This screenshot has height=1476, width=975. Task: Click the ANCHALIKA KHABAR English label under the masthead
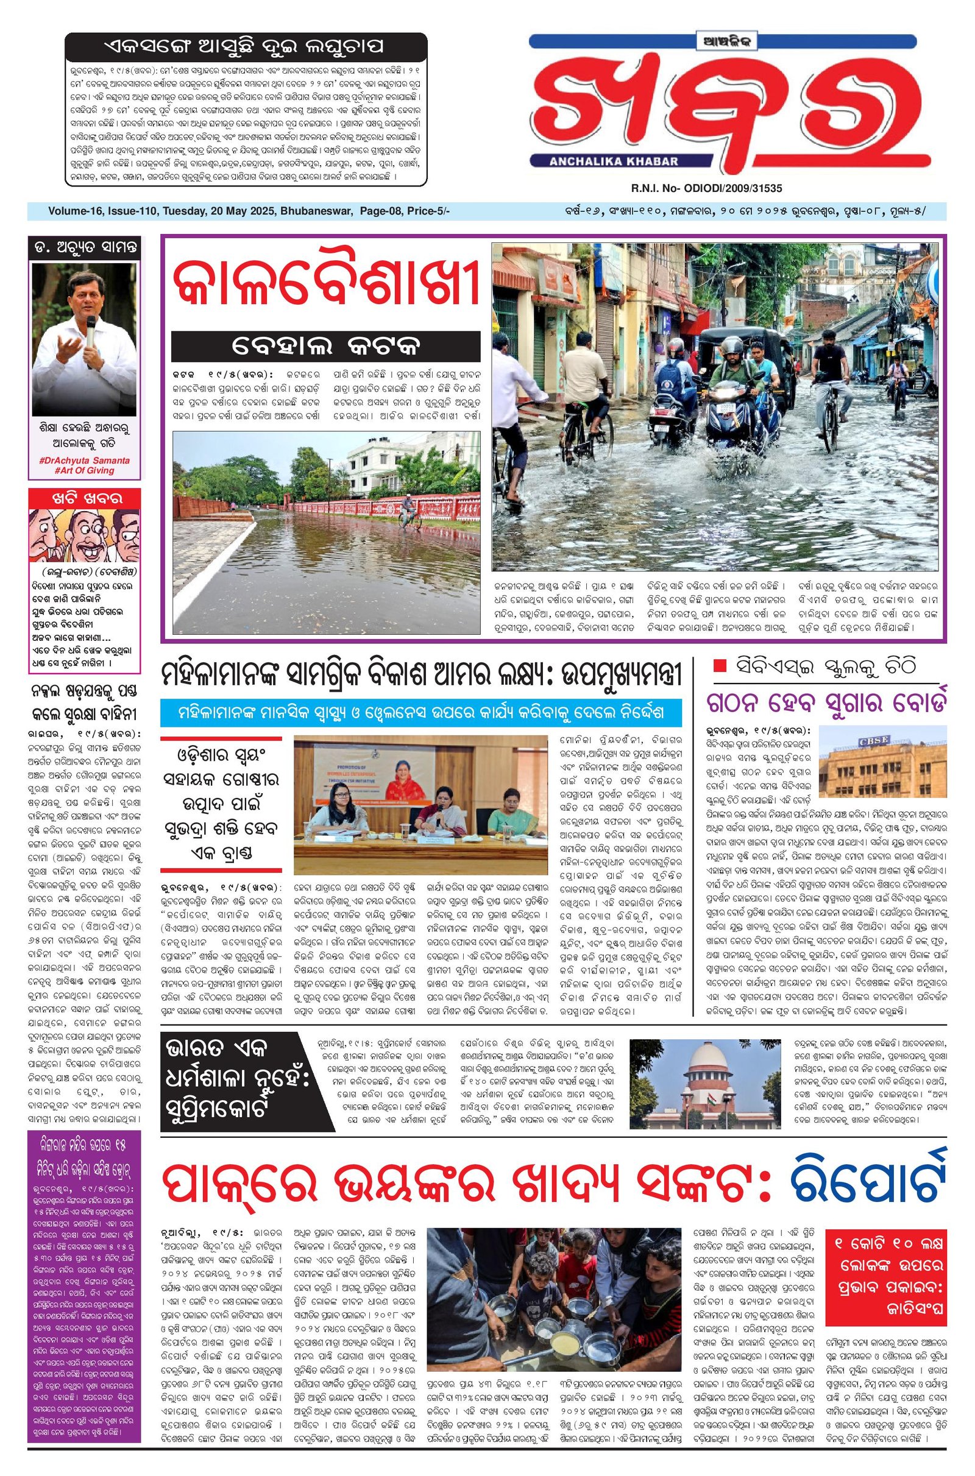point(613,161)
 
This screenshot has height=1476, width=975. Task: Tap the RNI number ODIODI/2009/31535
point(706,188)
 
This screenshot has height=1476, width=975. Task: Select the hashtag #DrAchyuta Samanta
point(85,461)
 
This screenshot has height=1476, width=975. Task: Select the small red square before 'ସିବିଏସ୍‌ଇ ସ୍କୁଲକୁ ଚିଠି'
point(720,666)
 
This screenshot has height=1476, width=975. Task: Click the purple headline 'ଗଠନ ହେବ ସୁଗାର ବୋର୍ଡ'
point(826,704)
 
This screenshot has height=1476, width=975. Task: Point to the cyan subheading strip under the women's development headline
point(412,712)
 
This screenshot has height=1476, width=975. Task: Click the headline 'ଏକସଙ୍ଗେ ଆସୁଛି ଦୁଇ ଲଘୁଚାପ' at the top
point(246,47)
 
